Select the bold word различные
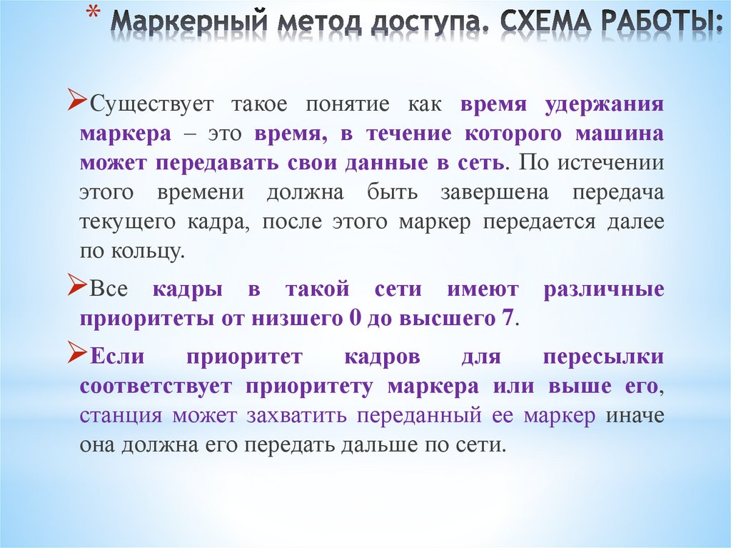pyautogui.click(x=604, y=290)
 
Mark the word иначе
pyautogui.click(x=635, y=416)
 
